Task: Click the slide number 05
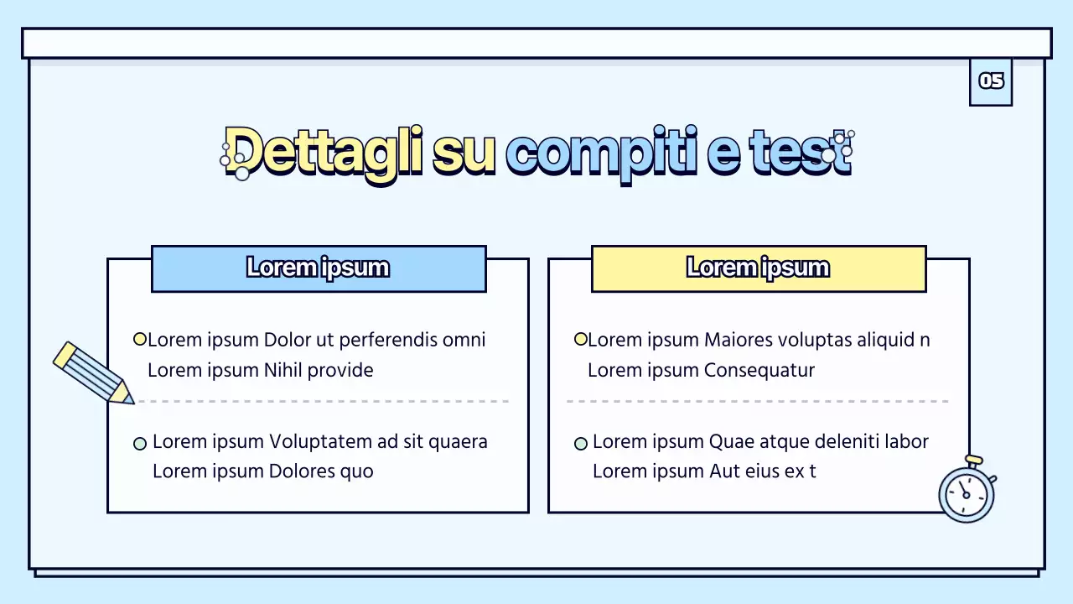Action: [991, 81]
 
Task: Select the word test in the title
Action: [800, 152]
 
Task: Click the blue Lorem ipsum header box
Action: [319, 268]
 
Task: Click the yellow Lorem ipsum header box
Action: [759, 268]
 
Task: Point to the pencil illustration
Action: [92, 372]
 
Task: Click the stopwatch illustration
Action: [967, 492]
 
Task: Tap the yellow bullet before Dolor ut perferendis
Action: [140, 340]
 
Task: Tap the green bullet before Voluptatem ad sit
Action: [140, 443]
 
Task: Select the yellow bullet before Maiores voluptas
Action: [580, 340]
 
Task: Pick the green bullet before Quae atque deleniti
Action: [580, 443]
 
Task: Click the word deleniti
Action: [853, 442]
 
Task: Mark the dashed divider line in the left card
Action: [324, 402]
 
